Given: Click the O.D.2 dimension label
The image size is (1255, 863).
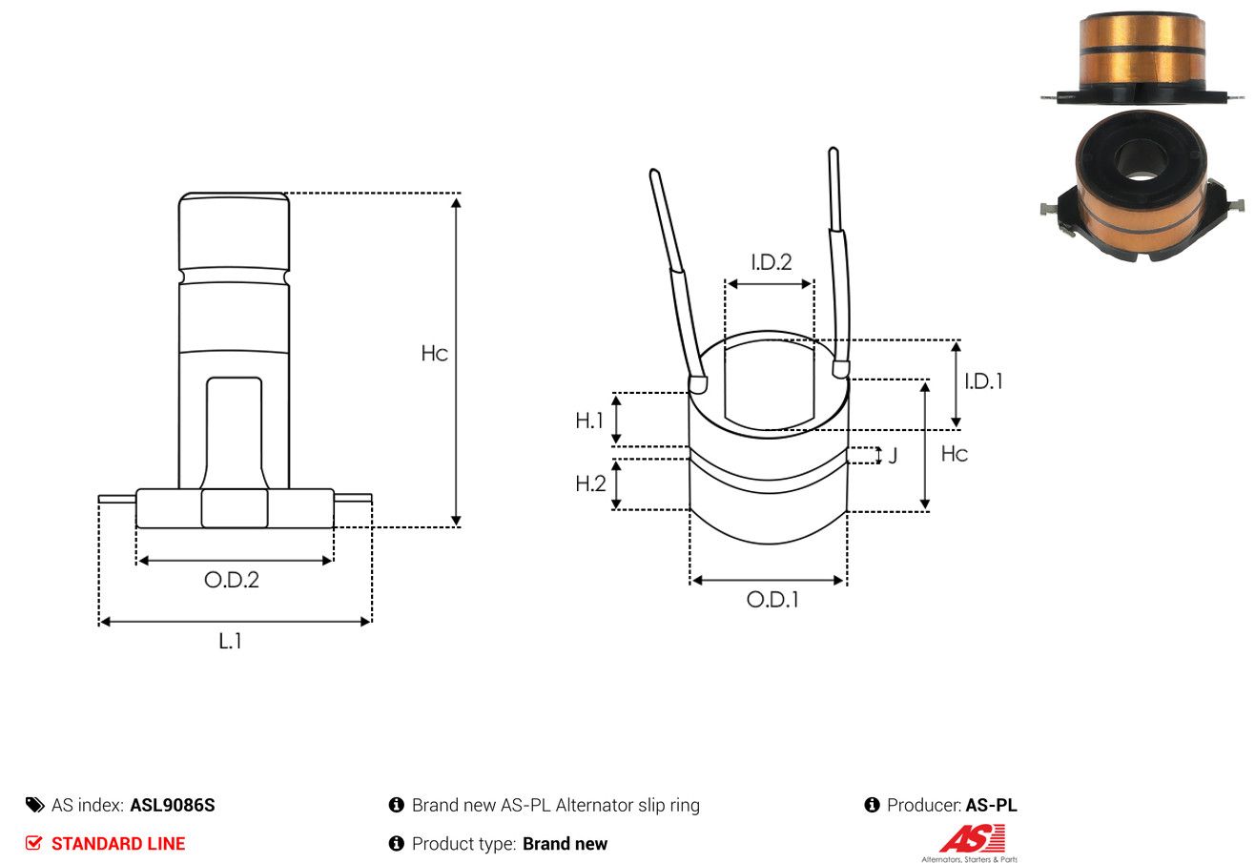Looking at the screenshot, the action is (232, 580).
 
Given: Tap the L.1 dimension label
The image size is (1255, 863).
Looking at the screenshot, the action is (230, 641).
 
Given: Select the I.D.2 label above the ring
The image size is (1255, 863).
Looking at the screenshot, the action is (772, 262).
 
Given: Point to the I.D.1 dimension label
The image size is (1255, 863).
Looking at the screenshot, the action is (983, 381).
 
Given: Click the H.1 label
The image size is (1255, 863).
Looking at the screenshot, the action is (588, 421).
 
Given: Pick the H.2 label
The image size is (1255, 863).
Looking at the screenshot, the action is (590, 483).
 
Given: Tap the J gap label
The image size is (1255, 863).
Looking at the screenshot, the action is (893, 455).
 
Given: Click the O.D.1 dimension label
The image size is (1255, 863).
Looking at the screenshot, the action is (772, 600).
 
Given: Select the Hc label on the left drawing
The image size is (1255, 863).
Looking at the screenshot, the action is (434, 354).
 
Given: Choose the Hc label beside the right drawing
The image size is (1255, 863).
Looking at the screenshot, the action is (955, 454).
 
